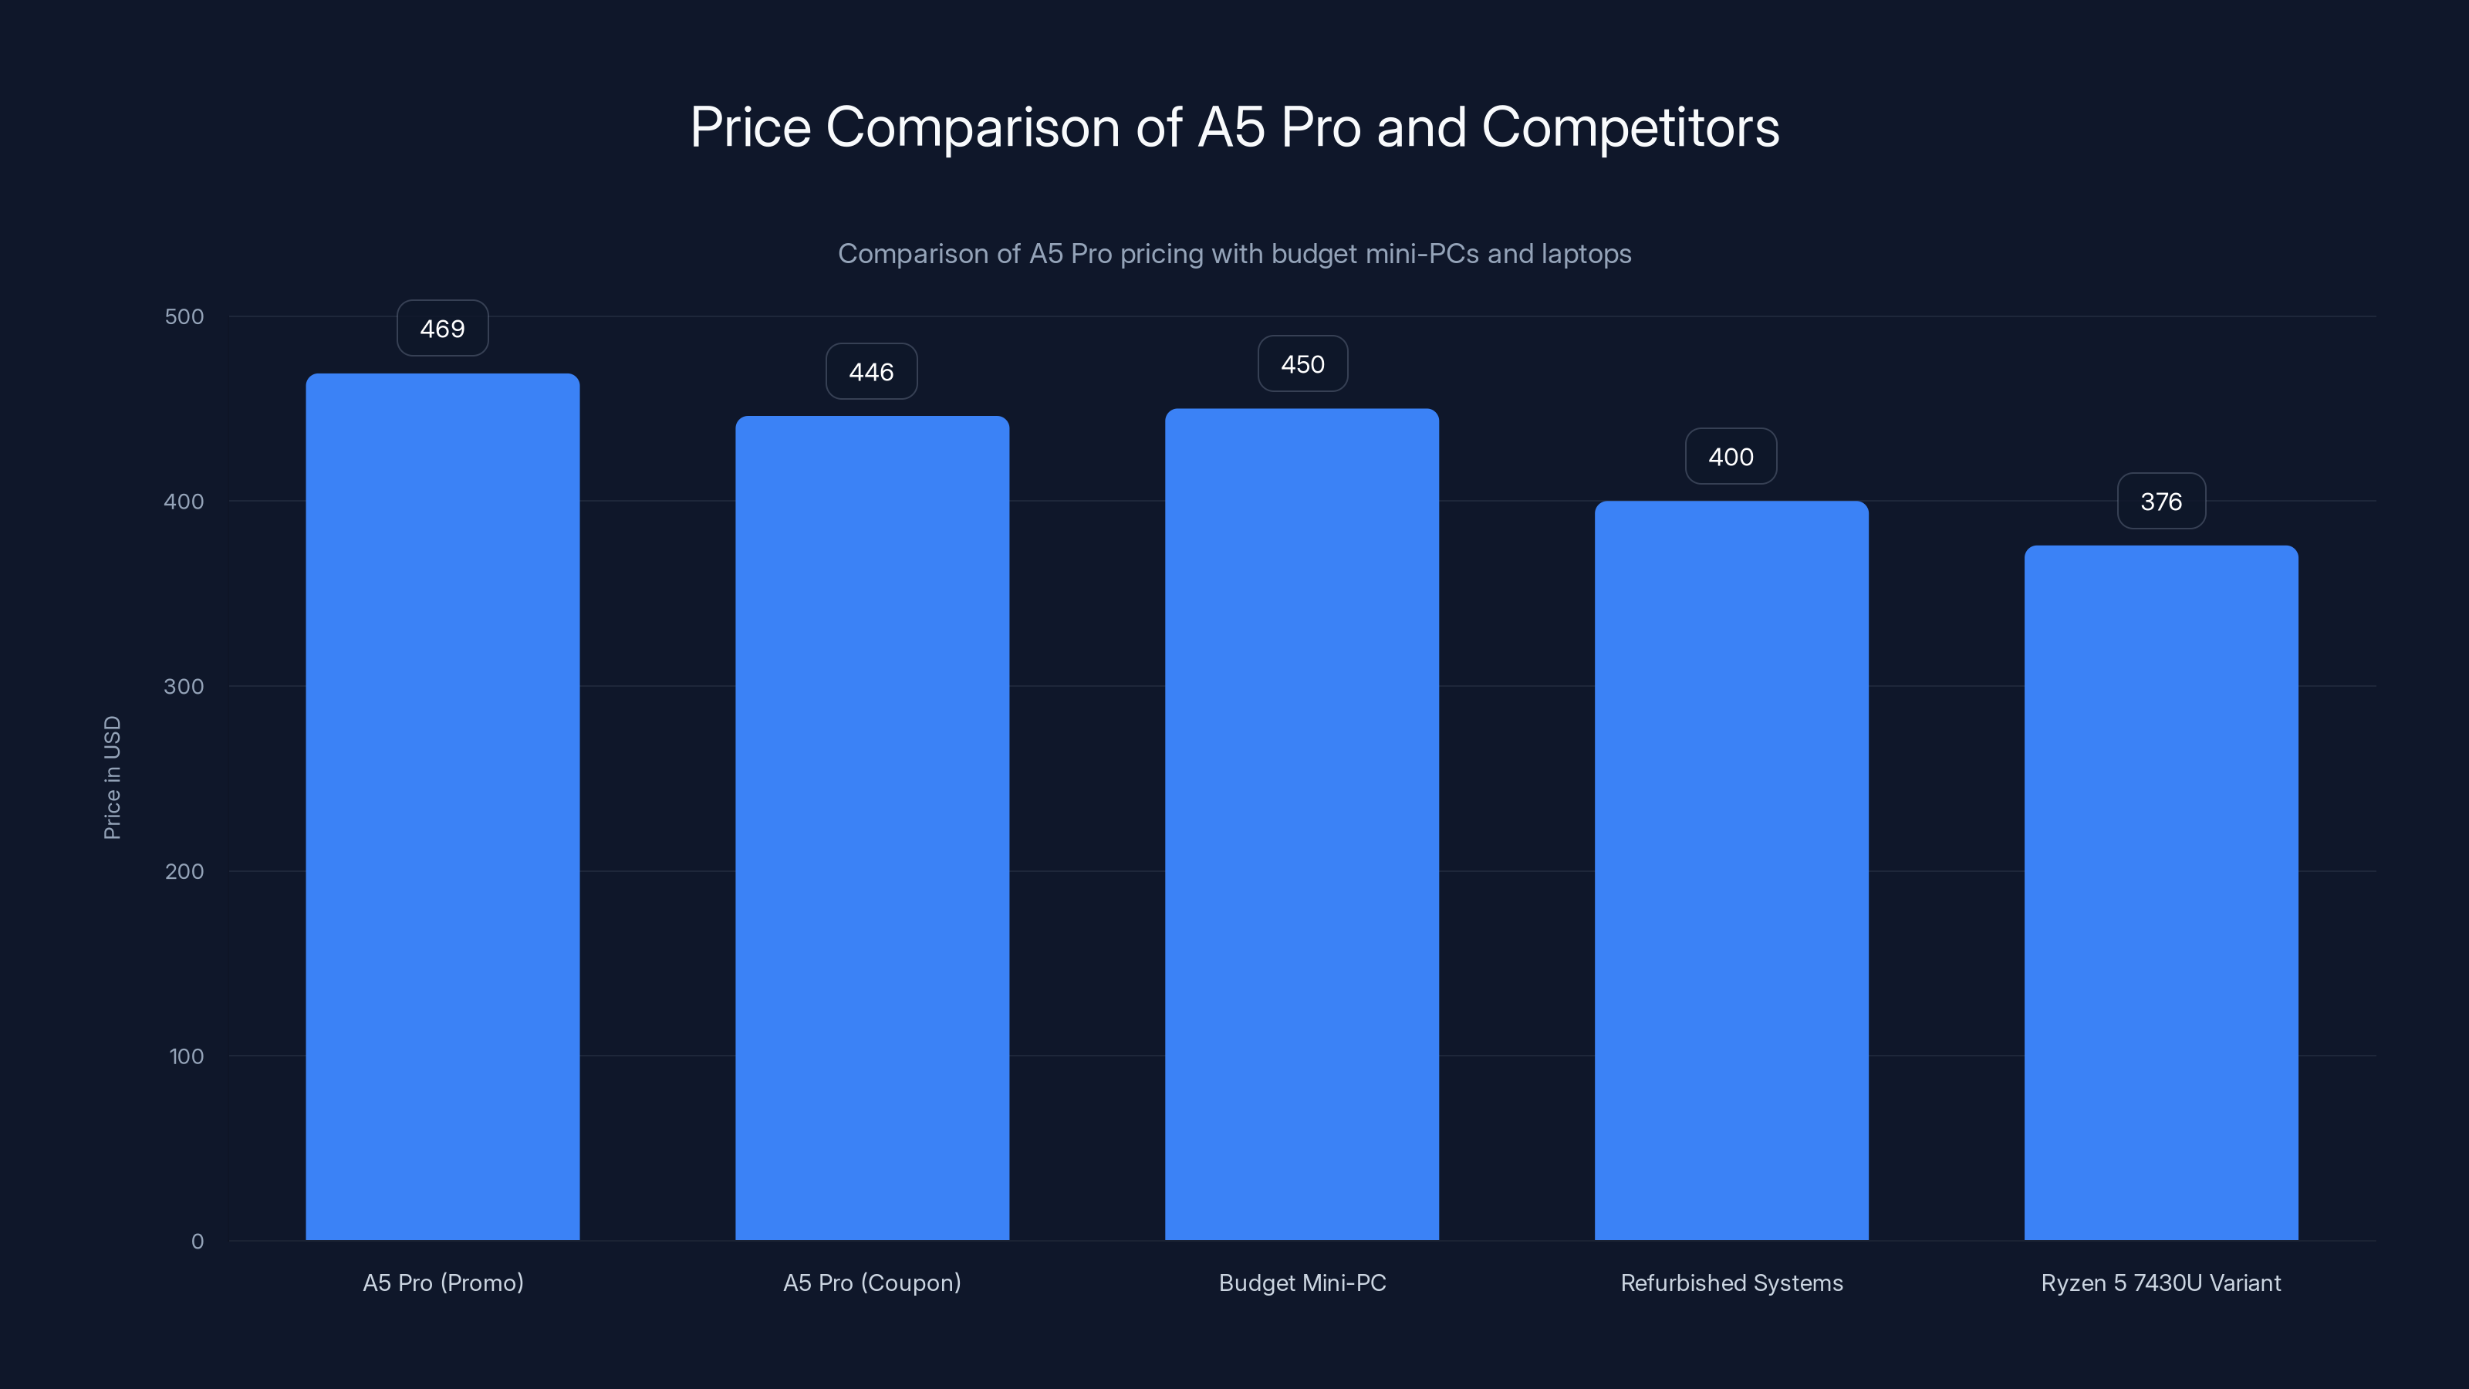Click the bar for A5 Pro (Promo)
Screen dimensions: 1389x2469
[x=442, y=806]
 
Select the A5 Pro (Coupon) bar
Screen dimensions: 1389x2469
[x=871, y=827]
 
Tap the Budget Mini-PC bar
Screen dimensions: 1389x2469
[x=1302, y=823]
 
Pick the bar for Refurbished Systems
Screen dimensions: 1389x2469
[x=1731, y=870]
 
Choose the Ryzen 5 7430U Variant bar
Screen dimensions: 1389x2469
[x=2160, y=893]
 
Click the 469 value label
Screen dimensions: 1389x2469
[x=442, y=329]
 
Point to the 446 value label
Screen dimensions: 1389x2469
[x=871, y=372]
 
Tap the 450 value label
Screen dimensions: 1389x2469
[x=1302, y=364]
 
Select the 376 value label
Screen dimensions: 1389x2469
[x=2160, y=502]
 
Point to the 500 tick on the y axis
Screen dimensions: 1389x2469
[x=184, y=316]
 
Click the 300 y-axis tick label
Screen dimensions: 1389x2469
[x=184, y=686]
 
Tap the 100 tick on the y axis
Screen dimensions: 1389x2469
[x=186, y=1056]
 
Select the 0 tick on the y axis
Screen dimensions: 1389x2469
[x=198, y=1242]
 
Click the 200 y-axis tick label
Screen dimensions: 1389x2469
[x=184, y=871]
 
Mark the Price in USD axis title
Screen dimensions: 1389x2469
[x=112, y=777]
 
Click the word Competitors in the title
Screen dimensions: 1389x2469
[x=1630, y=127]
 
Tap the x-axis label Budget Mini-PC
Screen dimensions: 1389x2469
[x=1302, y=1283]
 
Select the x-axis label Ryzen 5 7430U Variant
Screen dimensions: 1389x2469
[x=2160, y=1283]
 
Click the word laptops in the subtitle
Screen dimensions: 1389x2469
[x=1586, y=254]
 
